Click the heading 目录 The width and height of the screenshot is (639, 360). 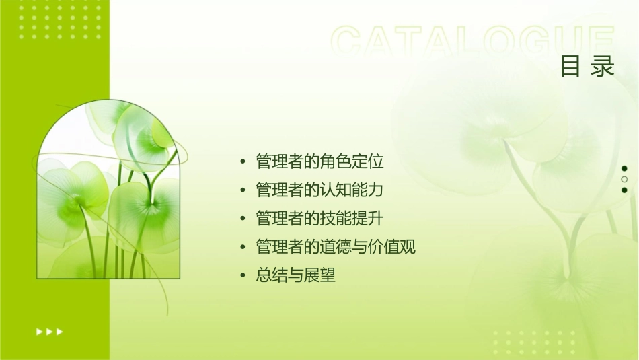587,67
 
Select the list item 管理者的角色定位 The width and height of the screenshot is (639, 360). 319,161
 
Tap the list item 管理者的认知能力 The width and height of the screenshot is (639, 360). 319,190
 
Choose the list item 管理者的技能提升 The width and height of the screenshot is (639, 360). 319,218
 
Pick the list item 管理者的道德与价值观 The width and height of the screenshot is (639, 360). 336,247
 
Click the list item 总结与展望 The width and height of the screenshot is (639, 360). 295,275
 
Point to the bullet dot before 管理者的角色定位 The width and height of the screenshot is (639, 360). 243,162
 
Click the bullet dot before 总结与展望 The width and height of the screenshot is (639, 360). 243,276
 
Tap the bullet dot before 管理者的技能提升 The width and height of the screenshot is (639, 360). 243,219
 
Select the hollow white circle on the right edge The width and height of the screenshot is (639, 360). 624,179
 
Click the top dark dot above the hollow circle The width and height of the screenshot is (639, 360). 624,168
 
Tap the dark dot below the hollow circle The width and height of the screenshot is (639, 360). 624,190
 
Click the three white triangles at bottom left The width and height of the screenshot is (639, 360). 50,331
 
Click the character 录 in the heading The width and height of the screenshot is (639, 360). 603,67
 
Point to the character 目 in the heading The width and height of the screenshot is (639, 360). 570,67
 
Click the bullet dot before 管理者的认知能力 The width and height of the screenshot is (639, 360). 243,190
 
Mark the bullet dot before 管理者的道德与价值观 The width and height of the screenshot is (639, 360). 243,248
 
